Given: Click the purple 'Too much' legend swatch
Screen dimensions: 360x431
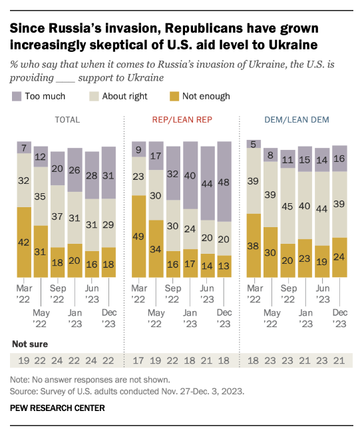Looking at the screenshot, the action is click(17, 97).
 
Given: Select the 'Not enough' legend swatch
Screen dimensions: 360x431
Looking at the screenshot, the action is click(174, 97).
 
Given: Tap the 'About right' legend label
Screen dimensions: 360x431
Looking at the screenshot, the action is click(124, 97).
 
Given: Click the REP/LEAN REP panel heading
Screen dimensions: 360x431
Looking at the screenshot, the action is click(182, 120).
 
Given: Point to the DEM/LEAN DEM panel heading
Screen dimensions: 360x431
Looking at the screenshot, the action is click(297, 120).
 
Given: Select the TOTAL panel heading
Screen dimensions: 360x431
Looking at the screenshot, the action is click(67, 120).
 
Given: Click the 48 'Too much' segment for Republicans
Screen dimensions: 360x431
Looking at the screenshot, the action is click(224, 182).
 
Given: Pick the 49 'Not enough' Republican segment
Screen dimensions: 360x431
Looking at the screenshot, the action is click(138, 236).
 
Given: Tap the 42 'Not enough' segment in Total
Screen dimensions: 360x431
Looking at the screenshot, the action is click(24, 242).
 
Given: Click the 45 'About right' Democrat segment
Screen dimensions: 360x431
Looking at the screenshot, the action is click(287, 206).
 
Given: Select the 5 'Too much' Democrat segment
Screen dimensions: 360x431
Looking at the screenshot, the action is click(254, 144).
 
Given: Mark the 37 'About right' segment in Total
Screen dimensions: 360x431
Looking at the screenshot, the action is click(58, 216).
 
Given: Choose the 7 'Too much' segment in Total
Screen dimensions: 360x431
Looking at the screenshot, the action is click(24, 148).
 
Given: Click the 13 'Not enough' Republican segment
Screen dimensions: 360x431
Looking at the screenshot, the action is click(224, 266).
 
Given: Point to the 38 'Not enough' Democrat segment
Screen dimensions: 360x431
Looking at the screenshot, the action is click(254, 245).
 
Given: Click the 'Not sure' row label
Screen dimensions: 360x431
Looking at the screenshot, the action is click(30, 344).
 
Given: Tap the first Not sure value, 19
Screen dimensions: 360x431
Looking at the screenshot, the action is click(24, 360).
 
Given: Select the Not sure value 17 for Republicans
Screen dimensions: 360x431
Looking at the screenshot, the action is click(138, 360).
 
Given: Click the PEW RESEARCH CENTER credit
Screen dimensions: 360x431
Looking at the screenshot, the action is click(57, 408).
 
